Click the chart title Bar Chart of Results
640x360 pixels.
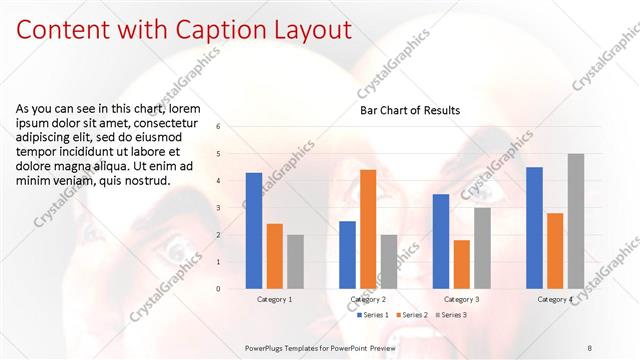tap(410, 110)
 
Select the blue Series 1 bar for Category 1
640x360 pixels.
tap(254, 231)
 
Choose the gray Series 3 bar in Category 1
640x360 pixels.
tap(295, 262)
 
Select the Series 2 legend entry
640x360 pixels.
tap(413, 315)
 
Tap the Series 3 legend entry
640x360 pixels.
tap(451, 315)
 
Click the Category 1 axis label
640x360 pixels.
tap(275, 299)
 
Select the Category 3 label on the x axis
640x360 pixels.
tap(462, 299)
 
